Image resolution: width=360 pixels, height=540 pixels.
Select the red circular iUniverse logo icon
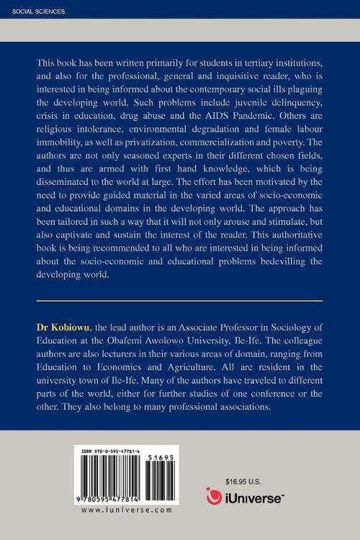pos(214,496)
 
